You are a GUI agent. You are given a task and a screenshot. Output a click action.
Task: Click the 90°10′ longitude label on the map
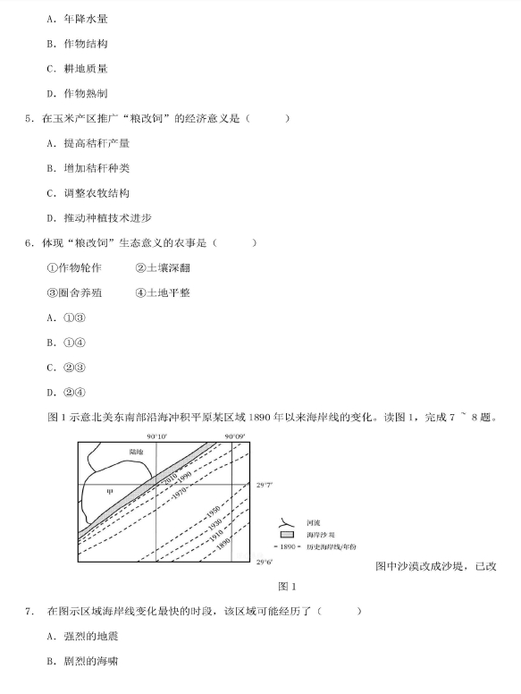click(x=157, y=436)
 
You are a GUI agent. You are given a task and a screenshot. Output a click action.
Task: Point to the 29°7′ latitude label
click(x=265, y=484)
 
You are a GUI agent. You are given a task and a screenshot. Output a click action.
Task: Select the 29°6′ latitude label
click(x=265, y=563)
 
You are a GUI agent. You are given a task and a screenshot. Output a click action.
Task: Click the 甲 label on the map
click(x=110, y=491)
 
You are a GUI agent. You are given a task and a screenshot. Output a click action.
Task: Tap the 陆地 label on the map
click(x=136, y=453)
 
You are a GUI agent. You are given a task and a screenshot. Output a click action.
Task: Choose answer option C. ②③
click(x=66, y=367)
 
